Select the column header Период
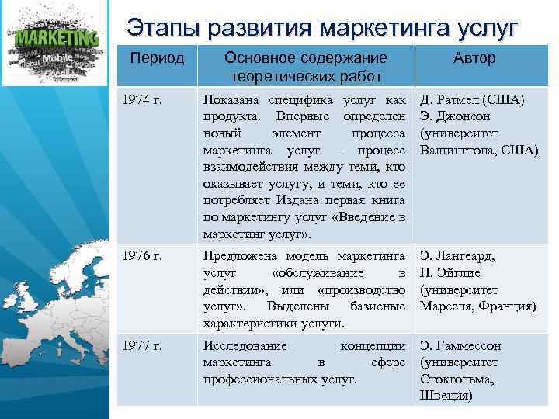pos(157,59)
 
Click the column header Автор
pos(474,59)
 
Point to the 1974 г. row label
pos(145,100)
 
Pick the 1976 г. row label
pos(145,255)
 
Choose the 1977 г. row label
pos(145,346)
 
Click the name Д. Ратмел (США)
pos(472,100)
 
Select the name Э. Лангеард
pos(457,255)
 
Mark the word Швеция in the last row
pos(446,396)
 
